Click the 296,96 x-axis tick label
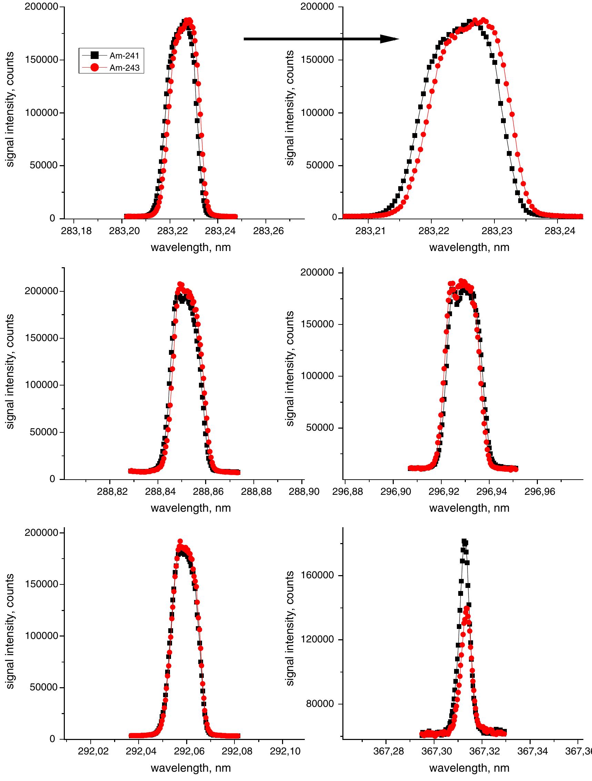(x=537, y=492)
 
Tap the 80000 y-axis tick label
(x=321, y=704)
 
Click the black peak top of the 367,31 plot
(x=464, y=541)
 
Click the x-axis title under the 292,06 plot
(x=191, y=768)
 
